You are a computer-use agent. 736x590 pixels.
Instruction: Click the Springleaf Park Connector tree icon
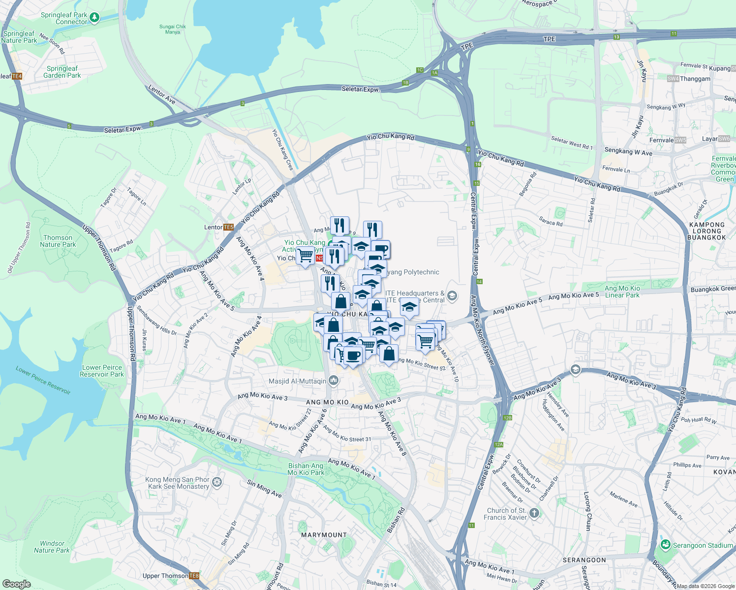pyautogui.click(x=94, y=18)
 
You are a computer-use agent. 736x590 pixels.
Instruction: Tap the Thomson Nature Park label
pyautogui.click(x=58, y=241)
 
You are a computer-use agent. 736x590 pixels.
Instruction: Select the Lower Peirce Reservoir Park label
pyautogui.click(x=102, y=371)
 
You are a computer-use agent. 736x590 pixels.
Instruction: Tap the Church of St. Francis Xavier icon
pyautogui.click(x=534, y=513)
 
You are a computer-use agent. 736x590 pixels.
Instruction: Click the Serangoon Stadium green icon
pyautogui.click(x=666, y=545)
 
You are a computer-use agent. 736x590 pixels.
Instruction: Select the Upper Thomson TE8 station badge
pyautogui.click(x=194, y=576)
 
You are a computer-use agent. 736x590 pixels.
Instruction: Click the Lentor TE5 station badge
pyautogui.click(x=228, y=227)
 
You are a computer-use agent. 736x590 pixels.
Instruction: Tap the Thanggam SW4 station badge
pyautogui.click(x=673, y=79)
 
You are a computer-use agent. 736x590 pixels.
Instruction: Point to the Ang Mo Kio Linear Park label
pyautogui.click(x=622, y=292)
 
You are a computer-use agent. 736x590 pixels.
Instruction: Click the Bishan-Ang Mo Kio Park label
pyautogui.click(x=306, y=469)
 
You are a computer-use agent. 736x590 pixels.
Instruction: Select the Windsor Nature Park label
pyautogui.click(x=52, y=547)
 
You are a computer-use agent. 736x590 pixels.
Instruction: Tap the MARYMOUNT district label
pyautogui.click(x=324, y=535)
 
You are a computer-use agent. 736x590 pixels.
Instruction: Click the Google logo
pyautogui.click(x=16, y=584)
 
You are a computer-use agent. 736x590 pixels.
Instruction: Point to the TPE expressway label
pyautogui.click(x=549, y=39)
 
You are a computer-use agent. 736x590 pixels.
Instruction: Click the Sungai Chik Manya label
pyautogui.click(x=173, y=29)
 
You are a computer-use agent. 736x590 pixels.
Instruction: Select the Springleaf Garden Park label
pyautogui.click(x=62, y=72)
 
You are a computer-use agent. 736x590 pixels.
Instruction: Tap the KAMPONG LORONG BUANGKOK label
pyautogui.click(x=707, y=231)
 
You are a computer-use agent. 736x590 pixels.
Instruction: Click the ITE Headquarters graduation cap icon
pyautogui.click(x=453, y=296)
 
